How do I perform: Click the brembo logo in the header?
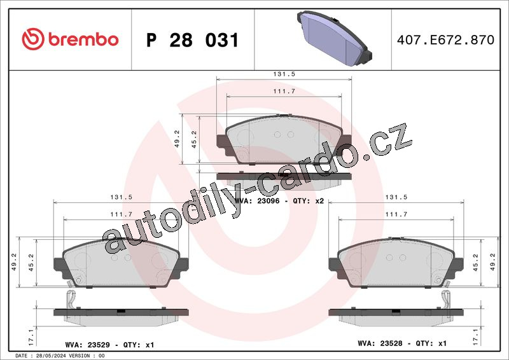(70, 39)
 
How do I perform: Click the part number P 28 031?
(193, 40)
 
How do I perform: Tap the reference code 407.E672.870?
(446, 39)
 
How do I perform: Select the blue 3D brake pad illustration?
(335, 38)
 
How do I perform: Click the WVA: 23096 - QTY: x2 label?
(279, 201)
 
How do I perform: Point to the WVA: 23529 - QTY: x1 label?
(109, 345)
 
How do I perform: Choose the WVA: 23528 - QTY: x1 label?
(402, 343)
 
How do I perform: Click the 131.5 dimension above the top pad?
(284, 74)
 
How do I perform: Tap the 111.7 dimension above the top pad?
(284, 91)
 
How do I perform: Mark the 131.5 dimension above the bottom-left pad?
(121, 197)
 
